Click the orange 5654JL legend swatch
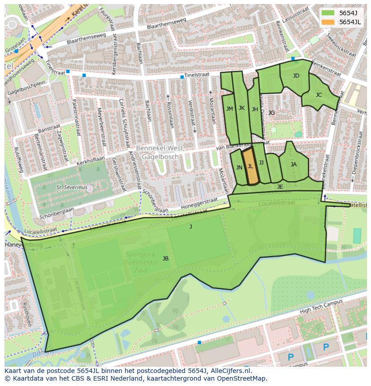point(328,22)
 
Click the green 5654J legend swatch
point(328,13)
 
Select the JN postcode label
point(239,168)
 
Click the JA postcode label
point(293,165)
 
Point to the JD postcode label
point(296,76)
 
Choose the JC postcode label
point(319,95)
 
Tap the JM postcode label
point(229,109)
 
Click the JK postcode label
point(242,108)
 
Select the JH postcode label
point(255,109)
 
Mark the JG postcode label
point(271,113)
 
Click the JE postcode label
point(280,187)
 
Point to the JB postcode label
point(165,259)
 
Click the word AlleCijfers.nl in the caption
point(229,371)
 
